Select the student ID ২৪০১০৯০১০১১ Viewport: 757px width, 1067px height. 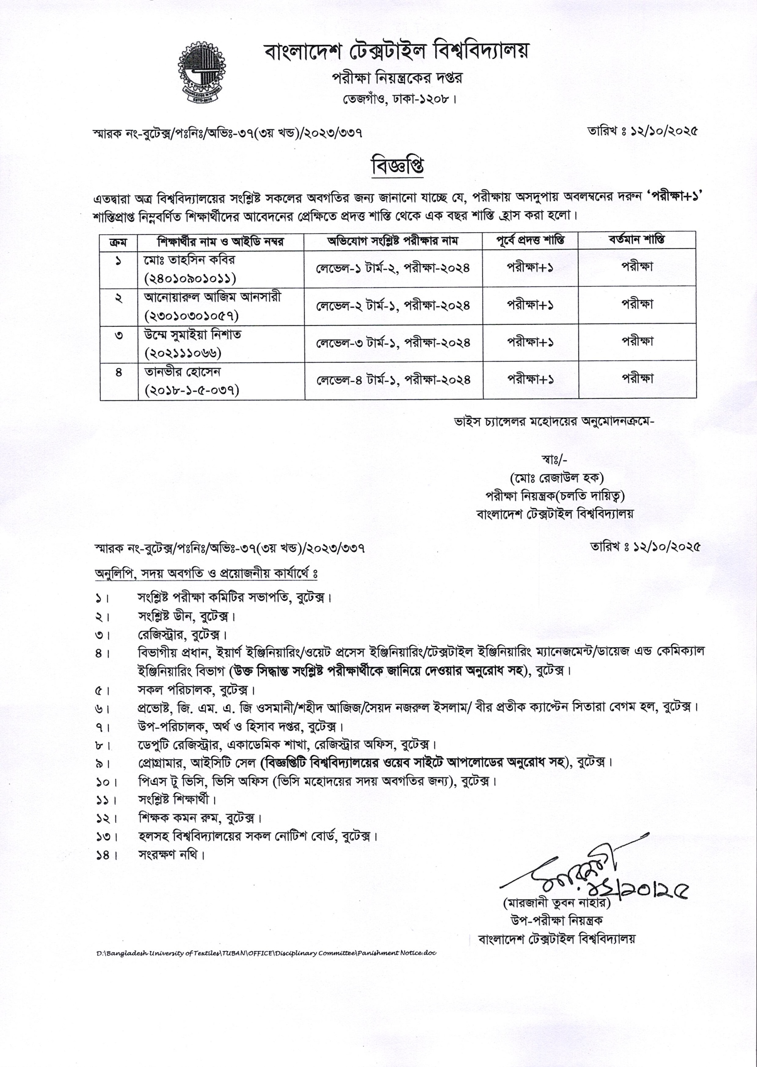coord(191,278)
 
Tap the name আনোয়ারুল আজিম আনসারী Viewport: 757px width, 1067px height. coord(212,297)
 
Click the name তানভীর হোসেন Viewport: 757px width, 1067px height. coord(182,372)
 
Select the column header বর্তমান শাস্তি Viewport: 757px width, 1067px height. coord(637,240)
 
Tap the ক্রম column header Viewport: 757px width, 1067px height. coord(118,242)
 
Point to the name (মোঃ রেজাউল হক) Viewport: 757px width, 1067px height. coord(557,478)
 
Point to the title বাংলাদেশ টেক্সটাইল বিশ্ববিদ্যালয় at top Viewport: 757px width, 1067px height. coord(397,53)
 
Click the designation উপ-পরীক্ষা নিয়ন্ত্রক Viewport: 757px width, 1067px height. coord(557,920)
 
